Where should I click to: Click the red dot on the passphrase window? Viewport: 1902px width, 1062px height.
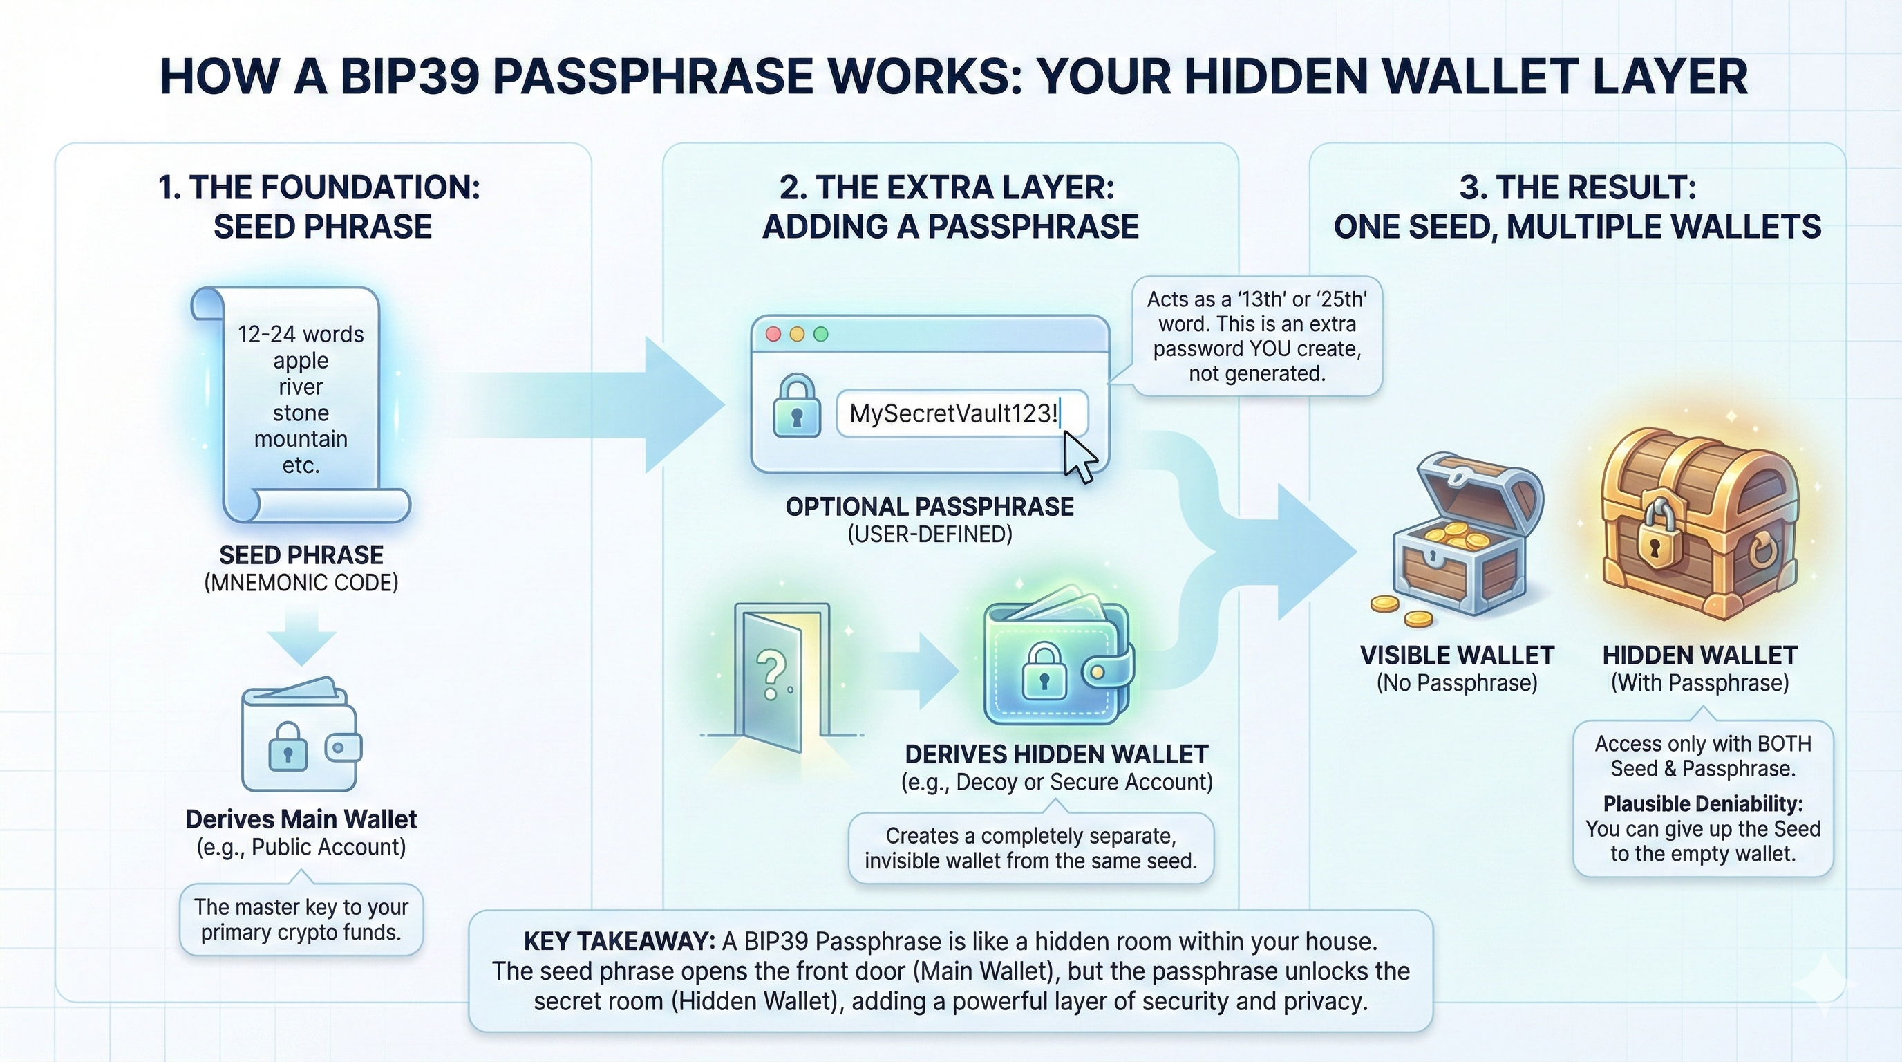pos(773,334)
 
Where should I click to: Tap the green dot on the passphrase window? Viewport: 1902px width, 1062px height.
pos(820,334)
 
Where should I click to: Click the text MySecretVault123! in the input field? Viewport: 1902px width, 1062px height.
pos(953,413)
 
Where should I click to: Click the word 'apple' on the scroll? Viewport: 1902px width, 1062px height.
pos(301,361)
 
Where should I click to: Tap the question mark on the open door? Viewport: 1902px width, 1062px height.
pos(769,674)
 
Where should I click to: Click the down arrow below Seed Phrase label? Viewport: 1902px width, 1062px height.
pos(301,636)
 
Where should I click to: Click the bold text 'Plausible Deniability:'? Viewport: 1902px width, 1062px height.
pos(1703,803)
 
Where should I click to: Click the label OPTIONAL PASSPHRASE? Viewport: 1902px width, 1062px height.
pos(930,507)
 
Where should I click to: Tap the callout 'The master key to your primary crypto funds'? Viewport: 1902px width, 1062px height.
pos(301,920)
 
